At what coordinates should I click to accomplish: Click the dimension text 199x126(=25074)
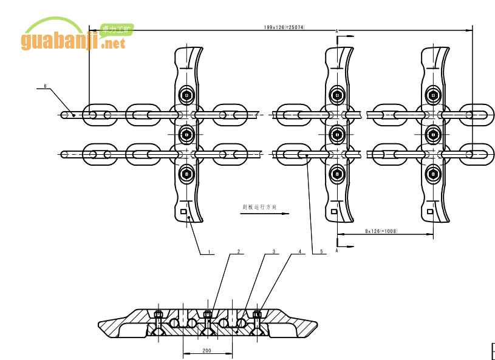coord(284,27)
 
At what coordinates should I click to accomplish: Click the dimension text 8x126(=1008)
coord(381,231)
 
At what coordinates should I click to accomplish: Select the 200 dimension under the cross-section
coord(207,351)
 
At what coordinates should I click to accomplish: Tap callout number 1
coord(209,251)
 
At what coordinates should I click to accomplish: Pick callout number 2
coord(239,251)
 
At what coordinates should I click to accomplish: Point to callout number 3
coord(274,251)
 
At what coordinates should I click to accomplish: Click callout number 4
coord(299,251)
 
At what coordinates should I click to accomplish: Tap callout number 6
coord(44,86)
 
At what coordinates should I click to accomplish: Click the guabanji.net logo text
coord(73,41)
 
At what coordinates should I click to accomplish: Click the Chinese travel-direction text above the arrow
coord(259,207)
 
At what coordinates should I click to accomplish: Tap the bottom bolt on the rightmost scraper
coord(432,174)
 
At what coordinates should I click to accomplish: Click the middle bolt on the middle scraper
coord(336,134)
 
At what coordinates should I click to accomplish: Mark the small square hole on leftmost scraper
coord(184,211)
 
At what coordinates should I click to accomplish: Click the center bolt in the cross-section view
coord(208,314)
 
